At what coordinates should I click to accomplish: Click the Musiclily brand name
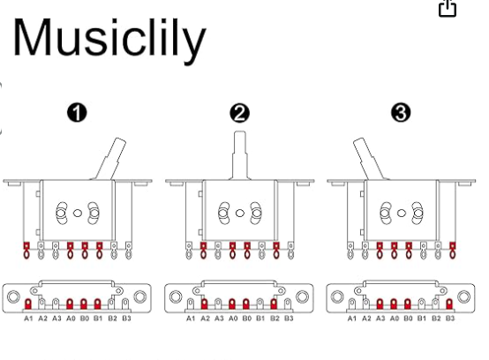[109, 40]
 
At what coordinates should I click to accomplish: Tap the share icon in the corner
[448, 8]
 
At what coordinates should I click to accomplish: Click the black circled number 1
[77, 113]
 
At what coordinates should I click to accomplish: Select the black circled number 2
[239, 113]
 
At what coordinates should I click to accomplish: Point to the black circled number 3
[401, 113]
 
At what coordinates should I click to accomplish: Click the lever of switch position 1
[110, 159]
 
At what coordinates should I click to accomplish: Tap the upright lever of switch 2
[240, 155]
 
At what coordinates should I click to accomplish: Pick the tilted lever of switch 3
[369, 159]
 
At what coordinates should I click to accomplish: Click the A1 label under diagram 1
[28, 319]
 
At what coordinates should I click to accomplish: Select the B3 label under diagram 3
[449, 319]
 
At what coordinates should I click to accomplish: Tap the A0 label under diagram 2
[233, 319]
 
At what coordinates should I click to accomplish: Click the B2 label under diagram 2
[275, 319]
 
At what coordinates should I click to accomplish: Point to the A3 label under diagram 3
[380, 319]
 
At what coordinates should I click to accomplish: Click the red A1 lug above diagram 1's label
[28, 304]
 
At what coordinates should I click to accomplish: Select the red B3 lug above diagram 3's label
[449, 304]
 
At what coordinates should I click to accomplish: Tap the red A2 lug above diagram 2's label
[204, 304]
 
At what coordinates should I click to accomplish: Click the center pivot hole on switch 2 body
[240, 214]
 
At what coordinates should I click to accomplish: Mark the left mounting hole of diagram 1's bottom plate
[13, 296]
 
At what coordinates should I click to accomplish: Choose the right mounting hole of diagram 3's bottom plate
[463, 296]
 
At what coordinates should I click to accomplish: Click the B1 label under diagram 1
[98, 319]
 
